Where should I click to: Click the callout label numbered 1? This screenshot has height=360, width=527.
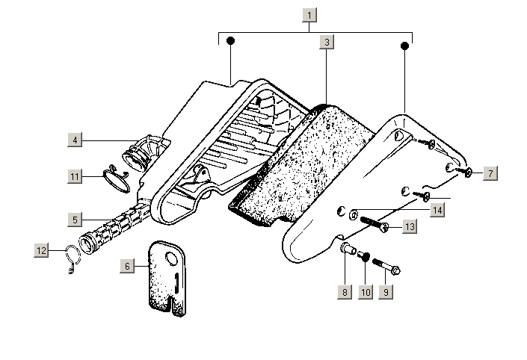click(310, 14)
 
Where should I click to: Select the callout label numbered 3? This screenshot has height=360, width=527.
click(327, 43)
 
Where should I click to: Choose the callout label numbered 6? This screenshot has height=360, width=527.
click(127, 265)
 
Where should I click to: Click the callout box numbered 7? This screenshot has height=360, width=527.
click(490, 173)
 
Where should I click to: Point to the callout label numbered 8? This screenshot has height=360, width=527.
click(345, 292)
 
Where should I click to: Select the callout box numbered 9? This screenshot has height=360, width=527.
click(386, 292)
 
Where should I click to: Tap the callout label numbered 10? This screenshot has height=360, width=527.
click(366, 292)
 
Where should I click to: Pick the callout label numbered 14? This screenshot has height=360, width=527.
click(437, 211)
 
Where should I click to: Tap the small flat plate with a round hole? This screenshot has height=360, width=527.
click(166, 276)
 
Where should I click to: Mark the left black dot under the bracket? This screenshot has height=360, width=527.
click(231, 40)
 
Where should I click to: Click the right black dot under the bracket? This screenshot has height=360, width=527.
click(405, 46)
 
